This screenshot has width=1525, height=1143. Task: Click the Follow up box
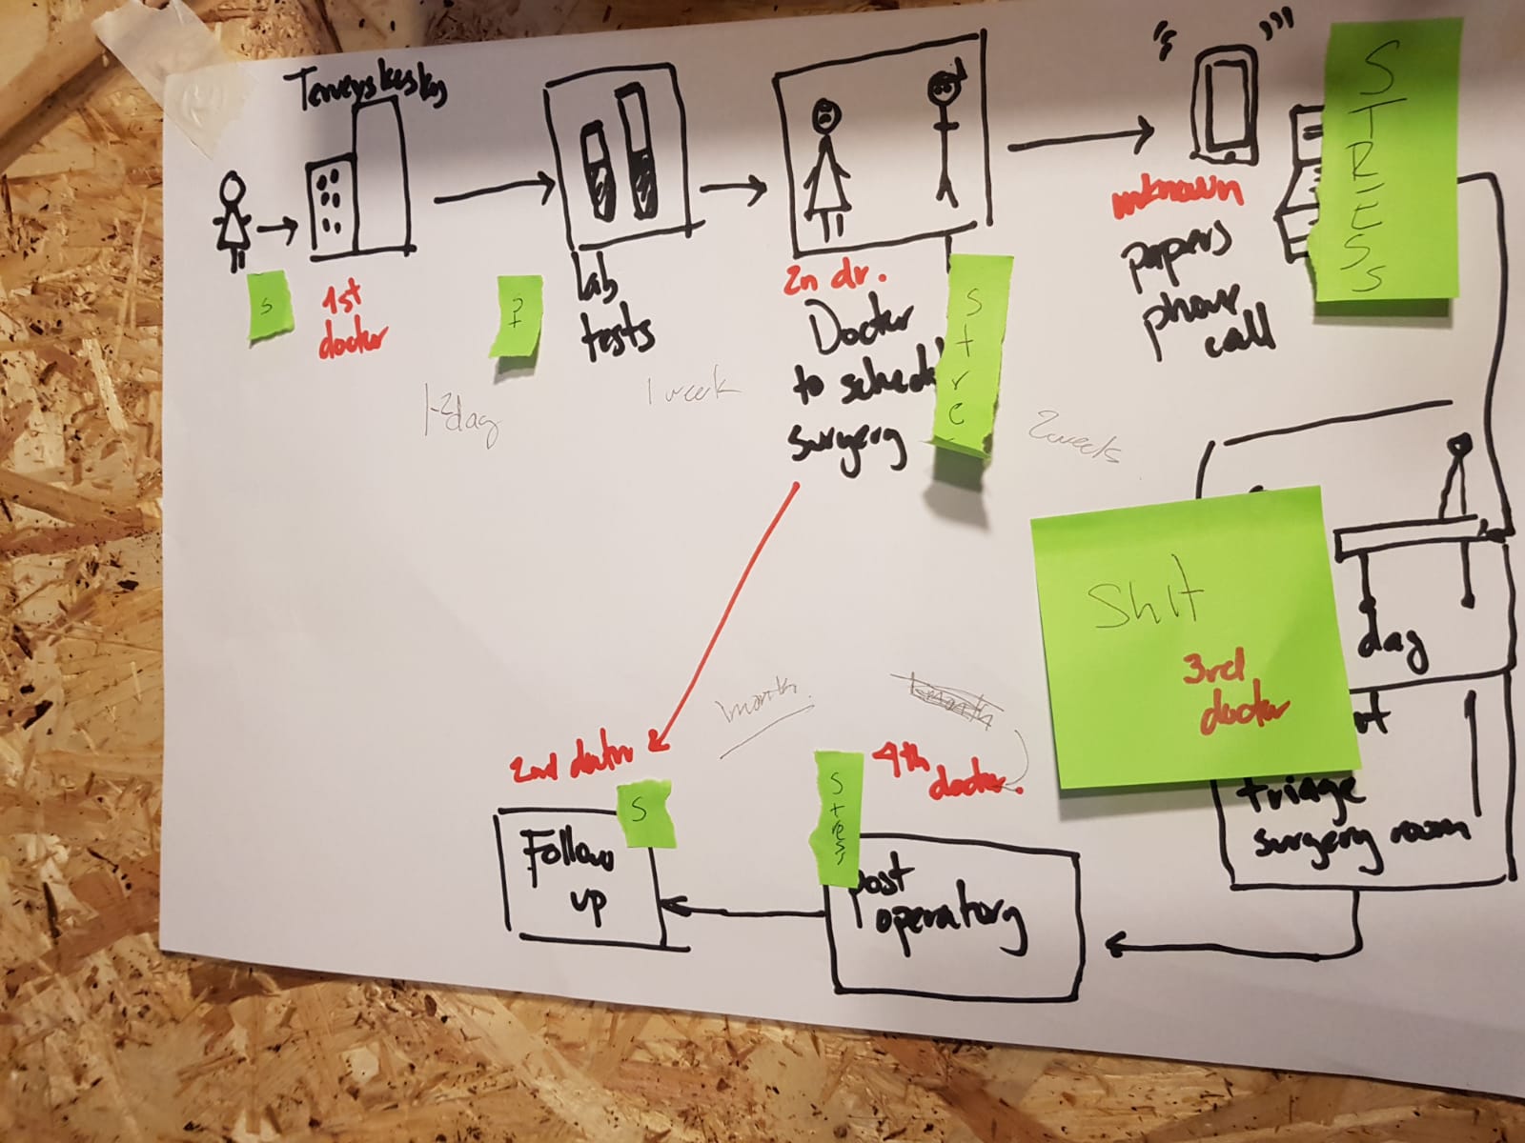tap(581, 876)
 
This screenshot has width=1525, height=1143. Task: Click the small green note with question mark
tap(516, 316)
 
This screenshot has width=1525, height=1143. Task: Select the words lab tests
tap(614, 315)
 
